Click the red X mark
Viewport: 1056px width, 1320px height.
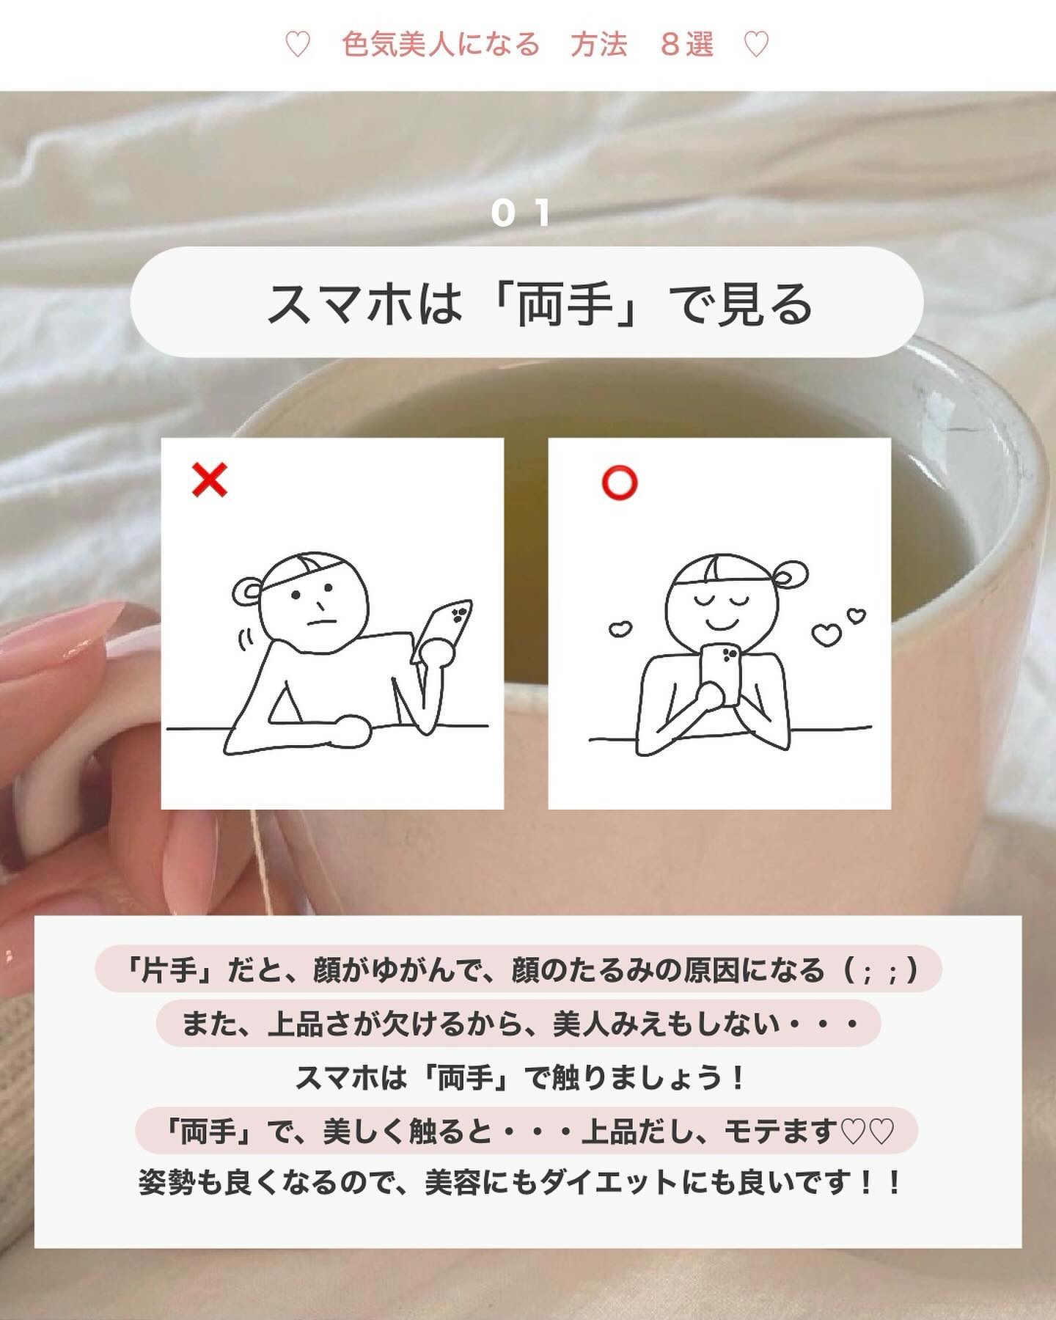(209, 481)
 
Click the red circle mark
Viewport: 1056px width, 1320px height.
(620, 483)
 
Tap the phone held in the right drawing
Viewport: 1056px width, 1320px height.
(719, 672)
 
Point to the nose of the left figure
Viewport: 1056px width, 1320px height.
(320, 605)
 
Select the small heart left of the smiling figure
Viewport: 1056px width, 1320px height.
(620, 629)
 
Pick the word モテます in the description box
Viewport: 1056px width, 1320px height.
(780, 1131)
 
